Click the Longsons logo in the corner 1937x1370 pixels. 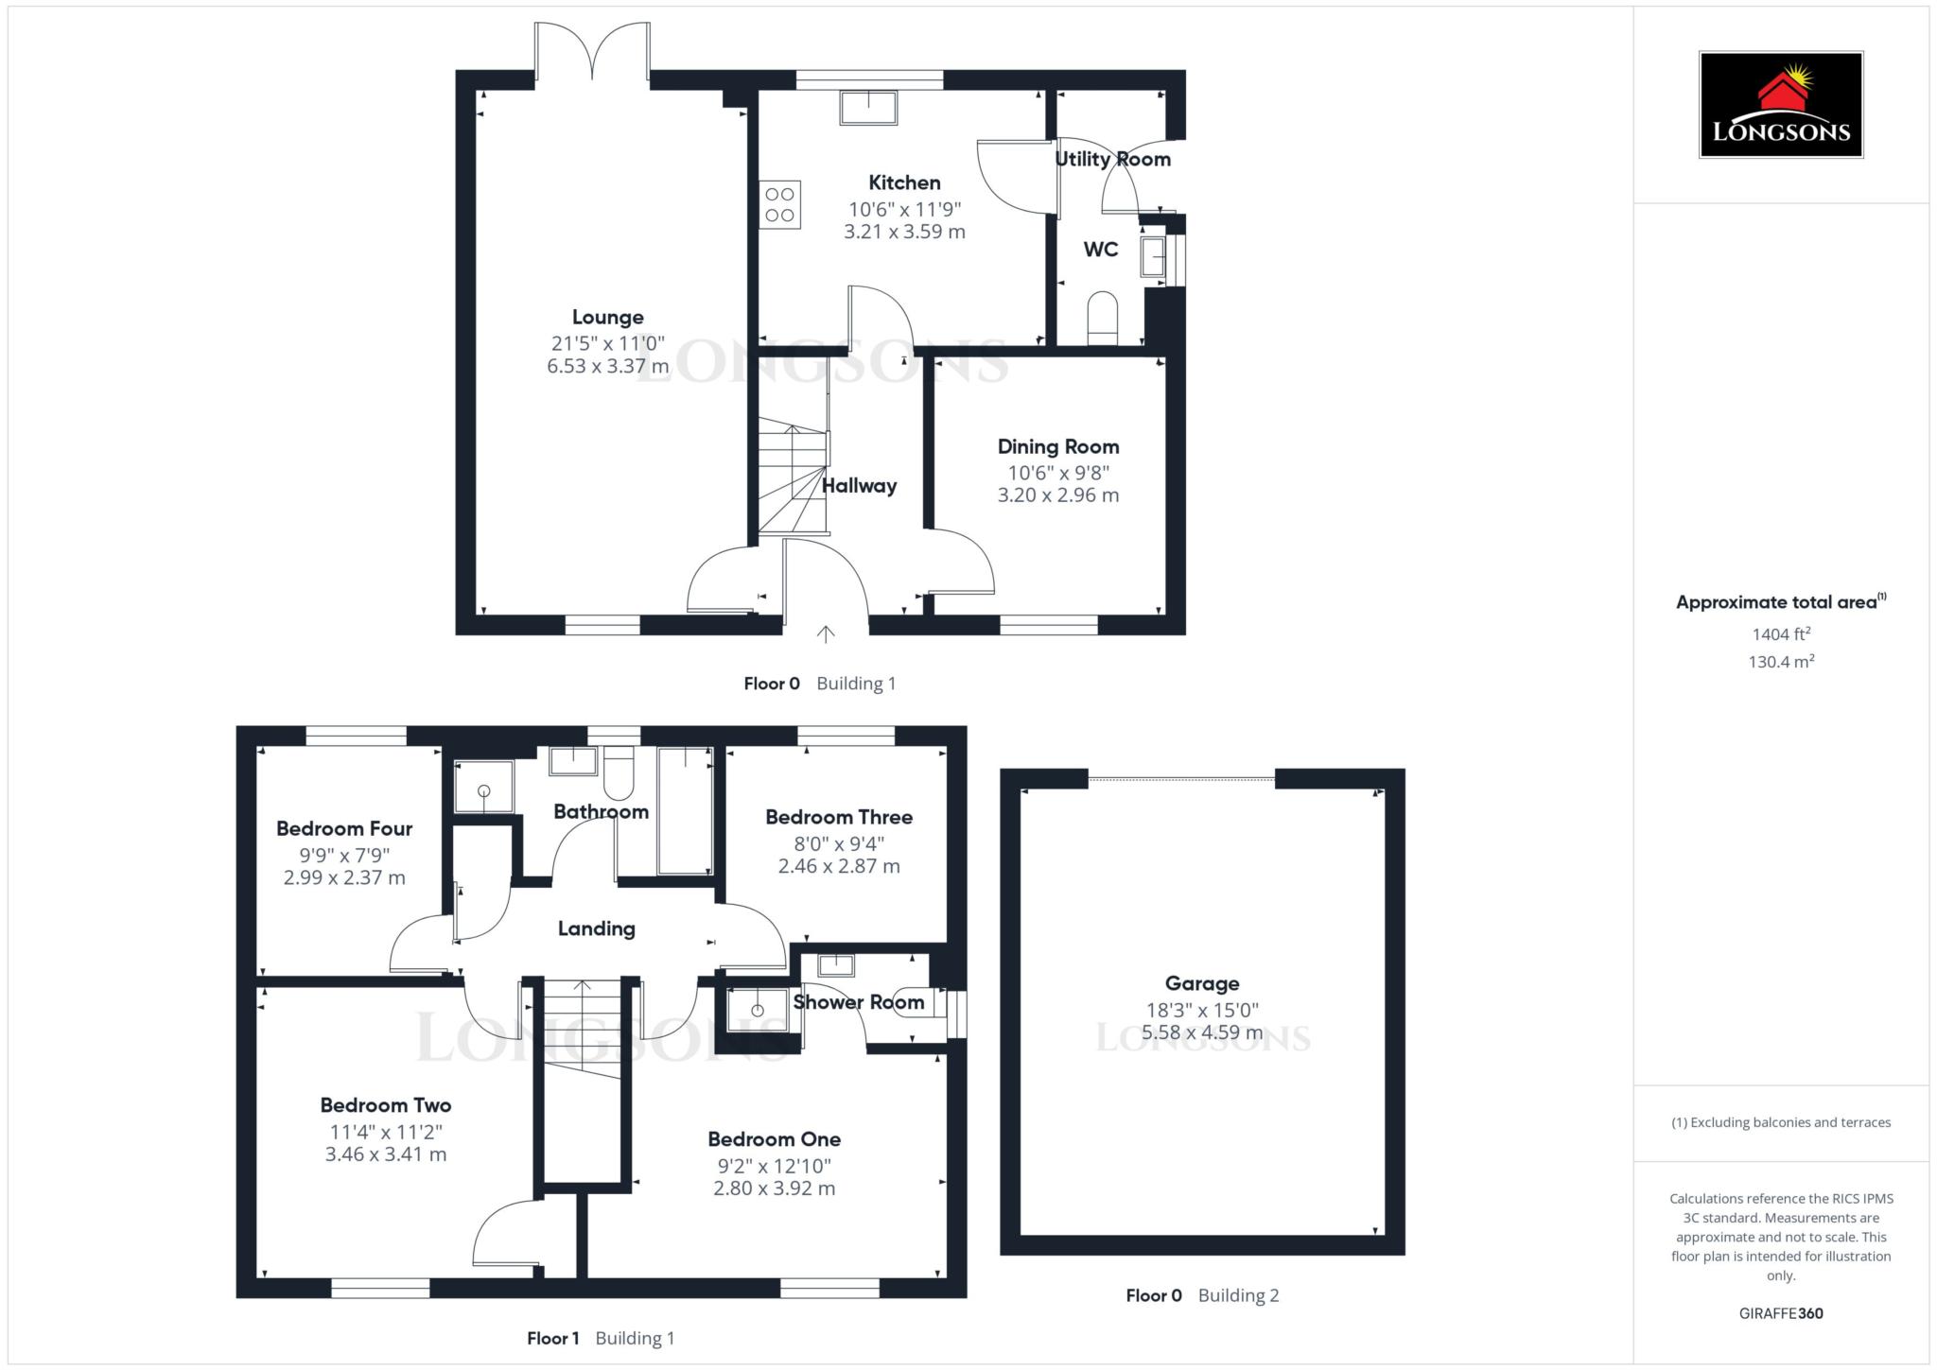[1780, 104]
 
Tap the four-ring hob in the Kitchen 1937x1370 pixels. [780, 204]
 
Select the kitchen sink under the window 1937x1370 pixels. [867, 108]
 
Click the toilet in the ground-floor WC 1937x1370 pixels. [1103, 319]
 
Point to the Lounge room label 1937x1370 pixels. [607, 318]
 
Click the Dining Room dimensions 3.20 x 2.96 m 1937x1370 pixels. [1057, 495]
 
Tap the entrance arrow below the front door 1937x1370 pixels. [826, 633]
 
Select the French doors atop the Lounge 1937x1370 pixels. [592, 52]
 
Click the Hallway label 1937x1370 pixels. [859, 486]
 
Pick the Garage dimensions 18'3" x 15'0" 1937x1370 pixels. [1201, 1010]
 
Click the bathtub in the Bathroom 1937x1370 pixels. [685, 811]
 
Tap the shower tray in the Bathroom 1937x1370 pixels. [483, 787]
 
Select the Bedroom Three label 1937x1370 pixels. [839, 817]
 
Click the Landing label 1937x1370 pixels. [596, 928]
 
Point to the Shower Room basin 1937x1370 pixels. [836, 965]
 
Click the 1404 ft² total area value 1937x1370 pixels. [1781, 634]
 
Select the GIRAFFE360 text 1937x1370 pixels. [1780, 1313]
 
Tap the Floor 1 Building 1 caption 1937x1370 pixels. [601, 1338]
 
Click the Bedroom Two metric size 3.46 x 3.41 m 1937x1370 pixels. [385, 1154]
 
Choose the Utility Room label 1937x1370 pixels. [1112, 159]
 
